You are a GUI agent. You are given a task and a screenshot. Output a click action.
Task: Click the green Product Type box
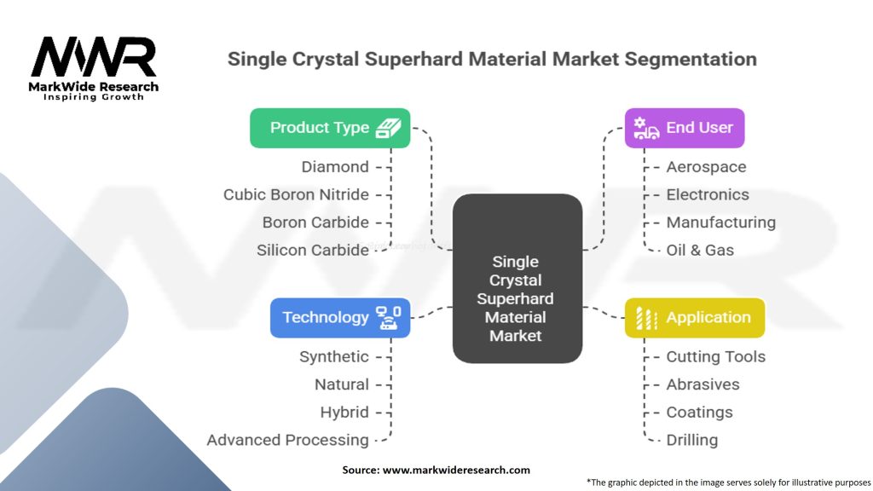tap(330, 128)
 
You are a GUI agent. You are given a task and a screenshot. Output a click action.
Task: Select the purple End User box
tap(684, 128)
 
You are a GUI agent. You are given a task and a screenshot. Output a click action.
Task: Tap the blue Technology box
tap(340, 317)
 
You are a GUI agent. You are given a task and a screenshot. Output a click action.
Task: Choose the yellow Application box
tap(694, 317)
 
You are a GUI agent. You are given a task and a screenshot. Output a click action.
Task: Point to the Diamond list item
tap(335, 167)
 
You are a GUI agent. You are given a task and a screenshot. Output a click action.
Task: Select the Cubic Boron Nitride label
tap(296, 194)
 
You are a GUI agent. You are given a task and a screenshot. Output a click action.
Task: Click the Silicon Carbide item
tap(313, 250)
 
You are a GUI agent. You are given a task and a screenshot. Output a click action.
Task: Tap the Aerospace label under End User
tap(706, 167)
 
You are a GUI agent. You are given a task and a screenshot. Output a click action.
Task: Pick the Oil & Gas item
tap(700, 250)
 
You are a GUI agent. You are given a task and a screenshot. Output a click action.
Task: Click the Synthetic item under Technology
tap(333, 356)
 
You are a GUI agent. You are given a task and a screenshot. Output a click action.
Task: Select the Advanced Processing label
tap(287, 440)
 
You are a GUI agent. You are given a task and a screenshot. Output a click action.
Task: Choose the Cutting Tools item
tap(715, 356)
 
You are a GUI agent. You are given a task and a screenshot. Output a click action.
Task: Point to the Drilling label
tap(691, 440)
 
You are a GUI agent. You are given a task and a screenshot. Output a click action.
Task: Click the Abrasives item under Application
tap(702, 384)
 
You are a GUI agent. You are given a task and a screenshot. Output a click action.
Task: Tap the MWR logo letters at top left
tap(93, 57)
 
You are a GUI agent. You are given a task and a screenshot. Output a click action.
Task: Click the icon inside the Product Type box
tap(389, 128)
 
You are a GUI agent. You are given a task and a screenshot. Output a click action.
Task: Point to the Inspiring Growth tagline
tap(94, 97)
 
